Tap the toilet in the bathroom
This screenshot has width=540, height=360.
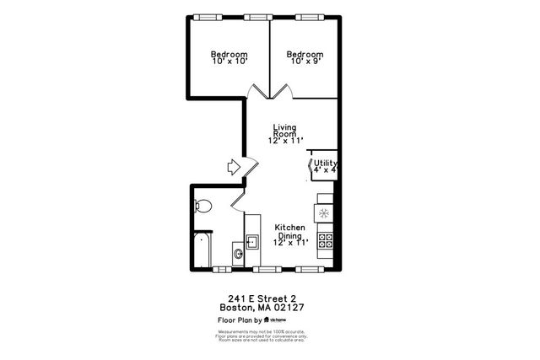click(202, 205)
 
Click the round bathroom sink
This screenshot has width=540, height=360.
click(238, 252)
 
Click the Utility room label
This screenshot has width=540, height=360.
click(326, 163)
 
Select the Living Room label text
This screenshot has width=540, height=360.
click(284, 131)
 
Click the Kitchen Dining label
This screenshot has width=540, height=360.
click(290, 231)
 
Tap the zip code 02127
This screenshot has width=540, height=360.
click(287, 308)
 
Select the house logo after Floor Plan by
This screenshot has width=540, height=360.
click(266, 320)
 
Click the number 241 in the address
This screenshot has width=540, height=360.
click(237, 298)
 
